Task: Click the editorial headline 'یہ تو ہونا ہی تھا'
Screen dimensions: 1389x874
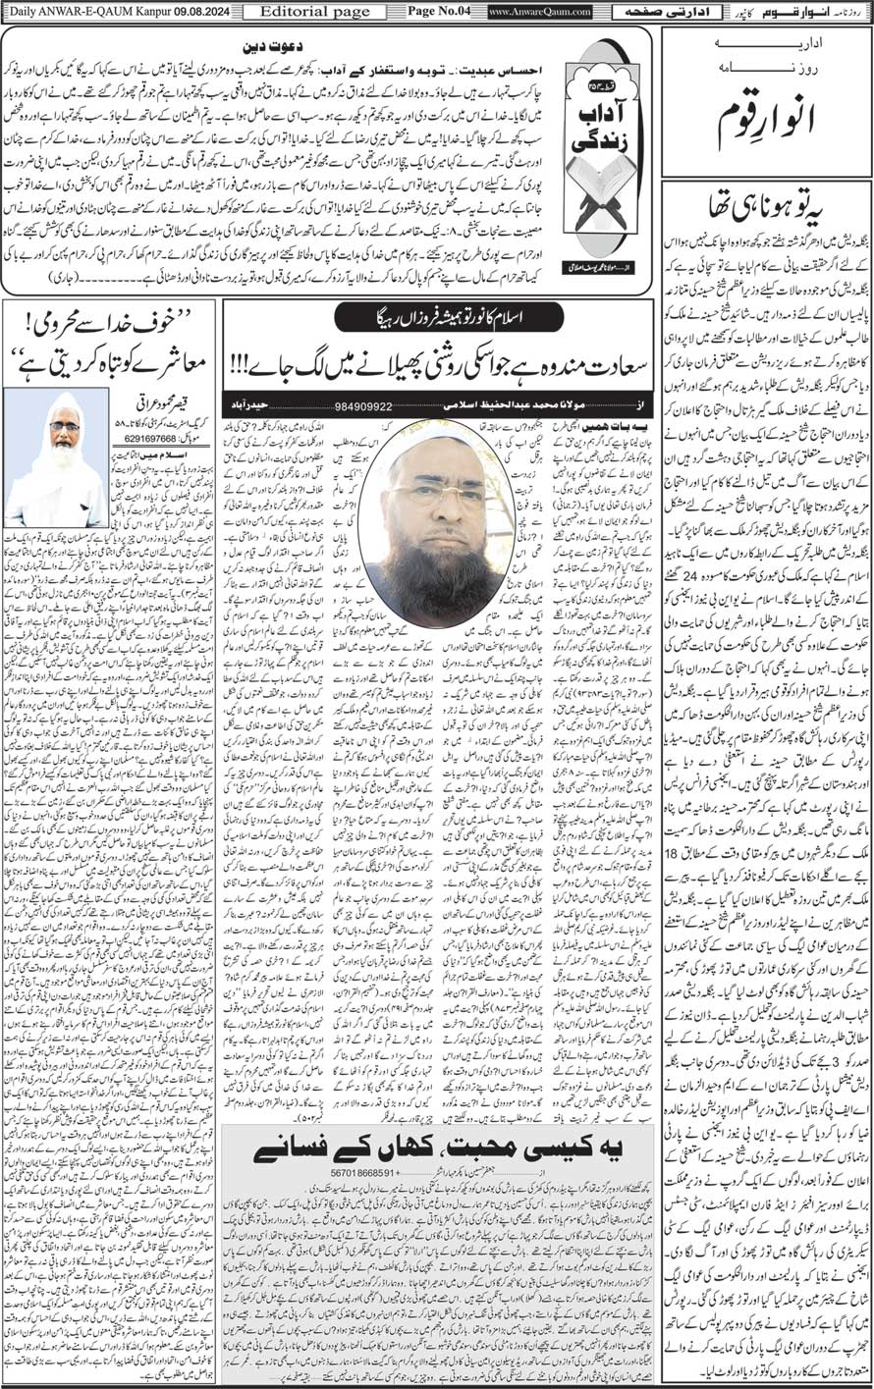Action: (x=767, y=209)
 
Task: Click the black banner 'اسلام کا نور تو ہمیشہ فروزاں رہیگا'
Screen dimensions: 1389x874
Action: (x=438, y=317)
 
